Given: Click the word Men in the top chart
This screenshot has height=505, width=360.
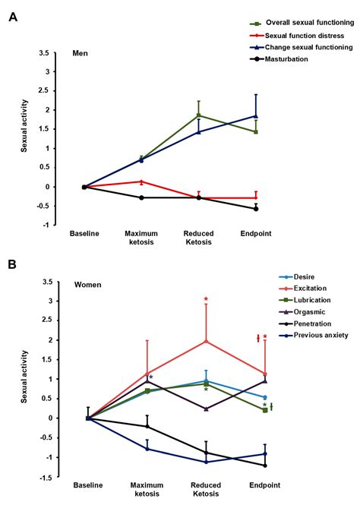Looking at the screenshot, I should pos(80,53).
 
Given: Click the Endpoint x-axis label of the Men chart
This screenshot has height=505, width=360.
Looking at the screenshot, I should pos(255,233).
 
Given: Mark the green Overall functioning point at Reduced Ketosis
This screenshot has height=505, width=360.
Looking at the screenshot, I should pos(198,115).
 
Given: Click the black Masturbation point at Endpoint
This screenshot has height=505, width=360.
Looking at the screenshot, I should pos(255,208).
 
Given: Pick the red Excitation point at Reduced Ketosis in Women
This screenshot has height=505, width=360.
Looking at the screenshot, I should pos(206,341).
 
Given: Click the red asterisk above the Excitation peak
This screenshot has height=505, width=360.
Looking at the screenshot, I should pos(206,299).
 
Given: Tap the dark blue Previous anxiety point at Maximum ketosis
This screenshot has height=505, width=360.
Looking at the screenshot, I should pos(147,449).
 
